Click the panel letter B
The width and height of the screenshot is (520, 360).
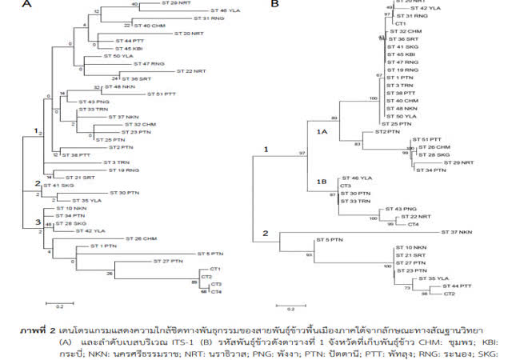[275, 4]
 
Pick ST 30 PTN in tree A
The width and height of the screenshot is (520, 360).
[124, 193]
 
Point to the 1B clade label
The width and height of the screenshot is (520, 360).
[323, 182]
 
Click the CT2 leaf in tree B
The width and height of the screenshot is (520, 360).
[450, 294]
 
